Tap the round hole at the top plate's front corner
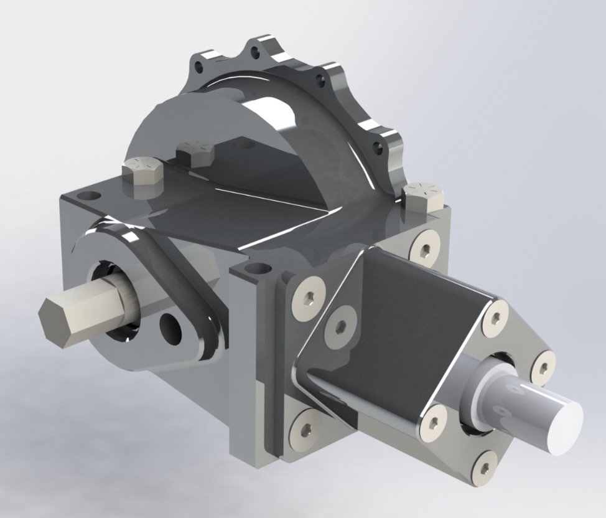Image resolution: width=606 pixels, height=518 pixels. [x=255, y=270]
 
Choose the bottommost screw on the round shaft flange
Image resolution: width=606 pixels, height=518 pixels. [x=485, y=464]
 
